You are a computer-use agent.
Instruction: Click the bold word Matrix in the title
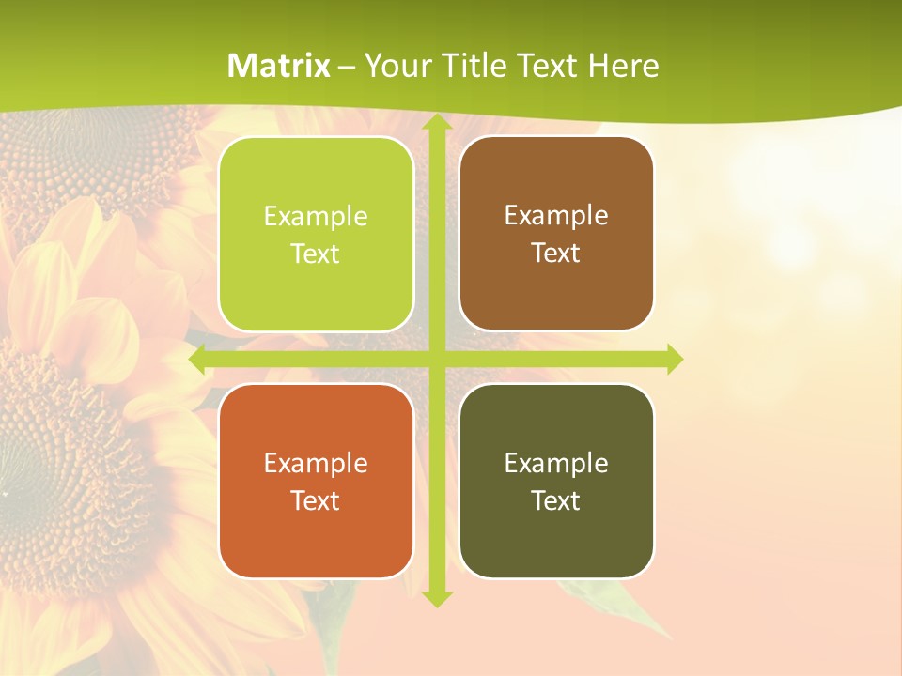pos(279,66)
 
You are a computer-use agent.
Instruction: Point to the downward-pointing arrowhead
pos(436,597)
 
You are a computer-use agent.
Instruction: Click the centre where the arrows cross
pos(436,360)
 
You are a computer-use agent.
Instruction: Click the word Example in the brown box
pos(556,216)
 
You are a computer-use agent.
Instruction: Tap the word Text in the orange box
pos(316,500)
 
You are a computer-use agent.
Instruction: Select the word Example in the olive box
pos(556,463)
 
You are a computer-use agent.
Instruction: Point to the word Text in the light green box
pos(316,254)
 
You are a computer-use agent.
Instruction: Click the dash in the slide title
pos(347,67)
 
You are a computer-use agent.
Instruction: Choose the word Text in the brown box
pos(556,253)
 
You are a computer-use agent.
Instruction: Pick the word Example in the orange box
pos(316,463)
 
